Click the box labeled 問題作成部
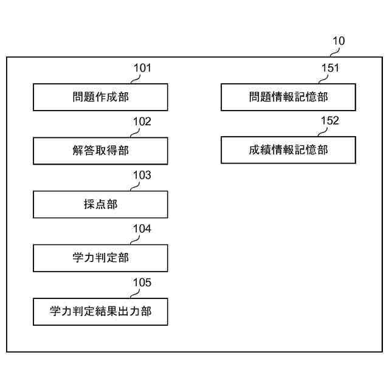pyautogui.click(x=100, y=97)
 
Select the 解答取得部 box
pyautogui.click(x=100, y=151)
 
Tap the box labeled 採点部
pyautogui.click(x=100, y=204)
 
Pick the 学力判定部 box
pyautogui.click(x=100, y=258)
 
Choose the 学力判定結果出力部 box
pyautogui.click(x=100, y=312)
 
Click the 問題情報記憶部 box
pyautogui.click(x=288, y=97)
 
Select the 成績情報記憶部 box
pyautogui.click(x=288, y=150)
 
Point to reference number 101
pyautogui.click(x=142, y=68)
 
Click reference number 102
pyautogui.click(x=142, y=122)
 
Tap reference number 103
pyautogui.click(x=142, y=175)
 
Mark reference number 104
pyautogui.click(x=142, y=229)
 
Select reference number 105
pyautogui.click(x=142, y=283)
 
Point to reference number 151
pyautogui.click(x=330, y=68)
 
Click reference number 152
pyautogui.click(x=330, y=120)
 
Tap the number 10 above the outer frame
pyautogui.click(x=339, y=41)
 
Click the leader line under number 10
pyautogui.click(x=334, y=52)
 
